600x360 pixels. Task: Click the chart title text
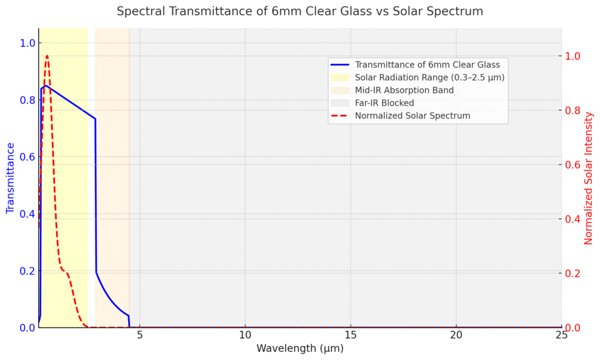[x=300, y=11]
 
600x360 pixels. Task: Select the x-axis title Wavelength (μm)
[x=300, y=348]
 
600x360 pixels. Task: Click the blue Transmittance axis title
[x=10, y=178]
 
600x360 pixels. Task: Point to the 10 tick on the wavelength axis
[x=245, y=334]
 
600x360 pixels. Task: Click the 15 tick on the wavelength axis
[x=350, y=334]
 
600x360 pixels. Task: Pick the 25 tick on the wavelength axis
[x=561, y=334]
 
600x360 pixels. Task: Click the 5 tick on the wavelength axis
[x=139, y=334]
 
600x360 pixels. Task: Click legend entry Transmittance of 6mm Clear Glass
[x=427, y=65]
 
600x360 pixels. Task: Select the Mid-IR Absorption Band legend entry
[x=404, y=90]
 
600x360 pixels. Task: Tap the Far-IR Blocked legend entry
[x=384, y=103]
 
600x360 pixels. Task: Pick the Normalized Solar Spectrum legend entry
[x=412, y=116]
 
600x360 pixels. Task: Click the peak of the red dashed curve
[x=47, y=56]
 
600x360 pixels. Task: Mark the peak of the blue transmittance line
[x=45, y=86]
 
